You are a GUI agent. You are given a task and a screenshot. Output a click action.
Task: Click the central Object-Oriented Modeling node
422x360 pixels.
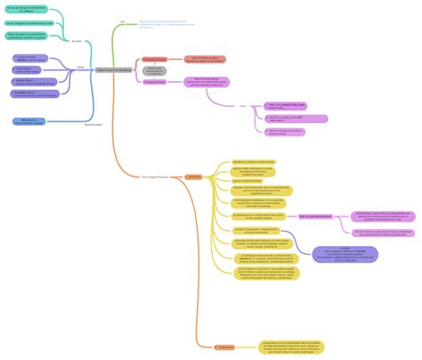(112, 69)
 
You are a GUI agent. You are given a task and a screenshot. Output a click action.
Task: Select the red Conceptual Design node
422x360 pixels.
(154, 59)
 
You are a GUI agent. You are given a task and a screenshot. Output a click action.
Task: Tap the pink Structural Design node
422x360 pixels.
(154, 82)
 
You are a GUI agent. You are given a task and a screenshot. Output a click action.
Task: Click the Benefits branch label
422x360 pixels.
(77, 40)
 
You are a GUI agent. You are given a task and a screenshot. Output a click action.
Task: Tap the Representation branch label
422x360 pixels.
(93, 124)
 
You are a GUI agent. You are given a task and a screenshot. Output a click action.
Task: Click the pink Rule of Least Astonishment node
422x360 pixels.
(315, 216)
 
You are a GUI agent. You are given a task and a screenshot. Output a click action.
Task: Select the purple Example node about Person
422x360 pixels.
(345, 254)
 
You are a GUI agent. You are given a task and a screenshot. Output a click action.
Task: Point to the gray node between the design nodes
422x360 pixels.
(153, 70)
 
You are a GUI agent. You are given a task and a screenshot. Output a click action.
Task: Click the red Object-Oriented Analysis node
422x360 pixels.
(205, 59)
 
